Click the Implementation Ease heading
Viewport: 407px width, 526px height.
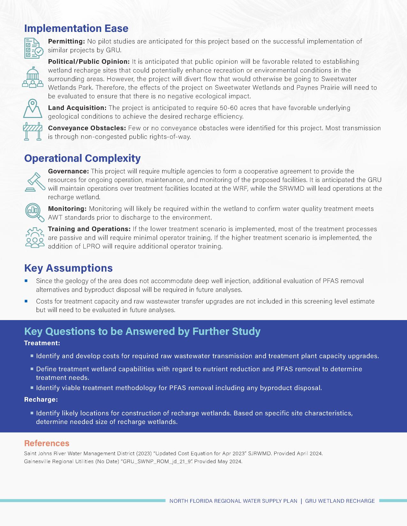click(76, 28)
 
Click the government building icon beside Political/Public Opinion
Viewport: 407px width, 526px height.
click(32, 77)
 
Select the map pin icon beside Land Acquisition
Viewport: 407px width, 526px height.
click(33, 108)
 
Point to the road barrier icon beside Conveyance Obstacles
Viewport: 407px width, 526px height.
click(33, 131)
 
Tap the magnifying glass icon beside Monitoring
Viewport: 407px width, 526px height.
click(34, 212)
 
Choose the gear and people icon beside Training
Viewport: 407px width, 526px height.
click(34, 237)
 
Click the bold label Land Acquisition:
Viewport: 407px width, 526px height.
click(77, 108)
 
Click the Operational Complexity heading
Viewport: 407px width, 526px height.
click(82, 158)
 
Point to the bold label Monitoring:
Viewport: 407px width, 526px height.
click(67, 209)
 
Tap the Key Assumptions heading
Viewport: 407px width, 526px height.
click(68, 268)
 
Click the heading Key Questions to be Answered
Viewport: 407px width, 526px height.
click(142, 332)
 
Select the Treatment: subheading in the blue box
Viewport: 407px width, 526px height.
click(42, 343)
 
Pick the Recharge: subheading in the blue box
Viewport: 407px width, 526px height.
click(41, 399)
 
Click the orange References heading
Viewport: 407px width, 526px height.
click(47, 443)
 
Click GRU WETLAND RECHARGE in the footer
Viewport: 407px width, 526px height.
click(340, 501)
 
